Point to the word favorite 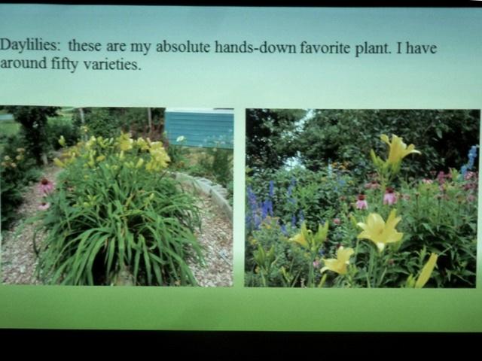point(325,48)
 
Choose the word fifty point(65,64)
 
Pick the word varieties point(112,64)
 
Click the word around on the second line point(23,62)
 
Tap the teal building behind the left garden point(200,129)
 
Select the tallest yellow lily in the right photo point(398,150)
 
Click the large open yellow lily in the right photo point(380,229)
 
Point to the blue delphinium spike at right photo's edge point(470,160)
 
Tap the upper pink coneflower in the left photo point(47,186)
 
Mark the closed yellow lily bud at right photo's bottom point(427,270)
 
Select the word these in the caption point(84,46)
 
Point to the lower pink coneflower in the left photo point(44,205)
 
